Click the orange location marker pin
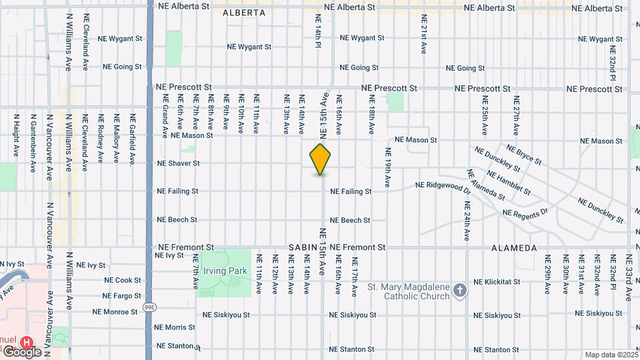(320, 159)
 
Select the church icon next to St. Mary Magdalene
(459, 290)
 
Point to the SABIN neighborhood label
(303, 247)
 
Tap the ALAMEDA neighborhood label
(514, 248)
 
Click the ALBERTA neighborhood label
(244, 13)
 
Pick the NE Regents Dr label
(525, 213)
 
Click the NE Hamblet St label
(509, 183)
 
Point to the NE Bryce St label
(524, 155)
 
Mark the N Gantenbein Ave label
(33, 143)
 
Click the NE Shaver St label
(178, 163)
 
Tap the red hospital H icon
(27, 341)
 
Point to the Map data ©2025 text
(610, 355)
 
